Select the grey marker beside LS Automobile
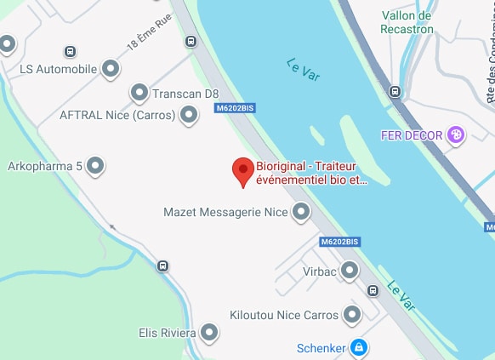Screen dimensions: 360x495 tap(110, 68)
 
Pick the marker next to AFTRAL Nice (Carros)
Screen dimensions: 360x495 tap(189, 116)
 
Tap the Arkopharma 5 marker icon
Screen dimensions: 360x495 tap(96, 165)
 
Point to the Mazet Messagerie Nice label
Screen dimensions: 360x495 tap(225, 212)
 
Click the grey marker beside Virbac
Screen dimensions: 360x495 tap(349, 271)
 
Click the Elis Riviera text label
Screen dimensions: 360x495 tap(166, 333)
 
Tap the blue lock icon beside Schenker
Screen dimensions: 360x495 tap(359, 347)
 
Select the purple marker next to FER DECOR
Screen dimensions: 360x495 tap(457, 134)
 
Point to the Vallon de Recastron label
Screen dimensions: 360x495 tap(407, 23)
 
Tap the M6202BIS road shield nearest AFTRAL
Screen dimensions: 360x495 tap(235, 108)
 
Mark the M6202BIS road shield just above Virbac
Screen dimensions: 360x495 tap(340, 242)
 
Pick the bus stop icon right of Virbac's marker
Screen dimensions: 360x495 tap(373, 291)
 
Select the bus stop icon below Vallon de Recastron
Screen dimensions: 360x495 tap(395, 91)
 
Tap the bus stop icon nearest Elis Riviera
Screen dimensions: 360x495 tap(162, 266)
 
